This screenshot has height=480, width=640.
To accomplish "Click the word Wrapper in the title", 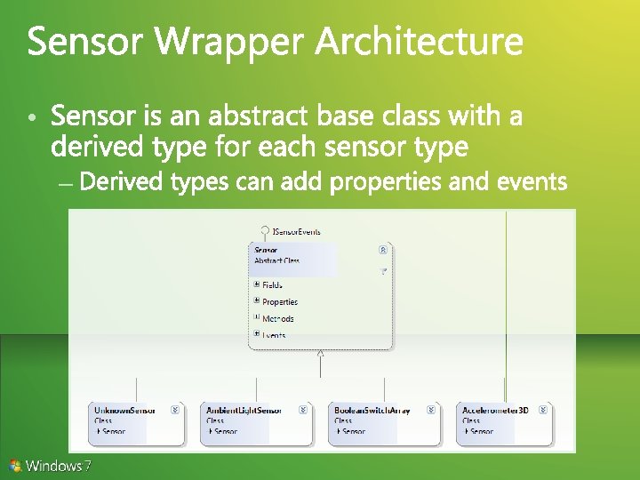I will point(233,42).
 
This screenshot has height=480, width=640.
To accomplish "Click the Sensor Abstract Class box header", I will point(293,255).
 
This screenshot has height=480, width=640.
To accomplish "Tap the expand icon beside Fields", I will point(257,284).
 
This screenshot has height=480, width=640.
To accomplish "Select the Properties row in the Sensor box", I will point(280,301).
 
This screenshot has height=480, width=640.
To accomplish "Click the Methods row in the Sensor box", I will point(277,318).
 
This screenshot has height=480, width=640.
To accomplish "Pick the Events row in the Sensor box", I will point(274,335).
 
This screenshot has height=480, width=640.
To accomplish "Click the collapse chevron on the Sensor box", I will point(382,251).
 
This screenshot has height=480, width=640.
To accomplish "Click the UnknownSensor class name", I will point(125,411).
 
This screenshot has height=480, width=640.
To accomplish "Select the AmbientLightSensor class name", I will point(244,411).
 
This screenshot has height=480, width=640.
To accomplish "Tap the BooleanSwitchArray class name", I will point(372,411).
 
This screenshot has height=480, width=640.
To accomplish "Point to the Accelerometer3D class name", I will point(495,411).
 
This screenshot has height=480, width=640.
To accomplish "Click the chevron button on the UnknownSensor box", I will point(175,411).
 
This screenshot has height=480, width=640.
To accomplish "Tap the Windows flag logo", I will point(15,465).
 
